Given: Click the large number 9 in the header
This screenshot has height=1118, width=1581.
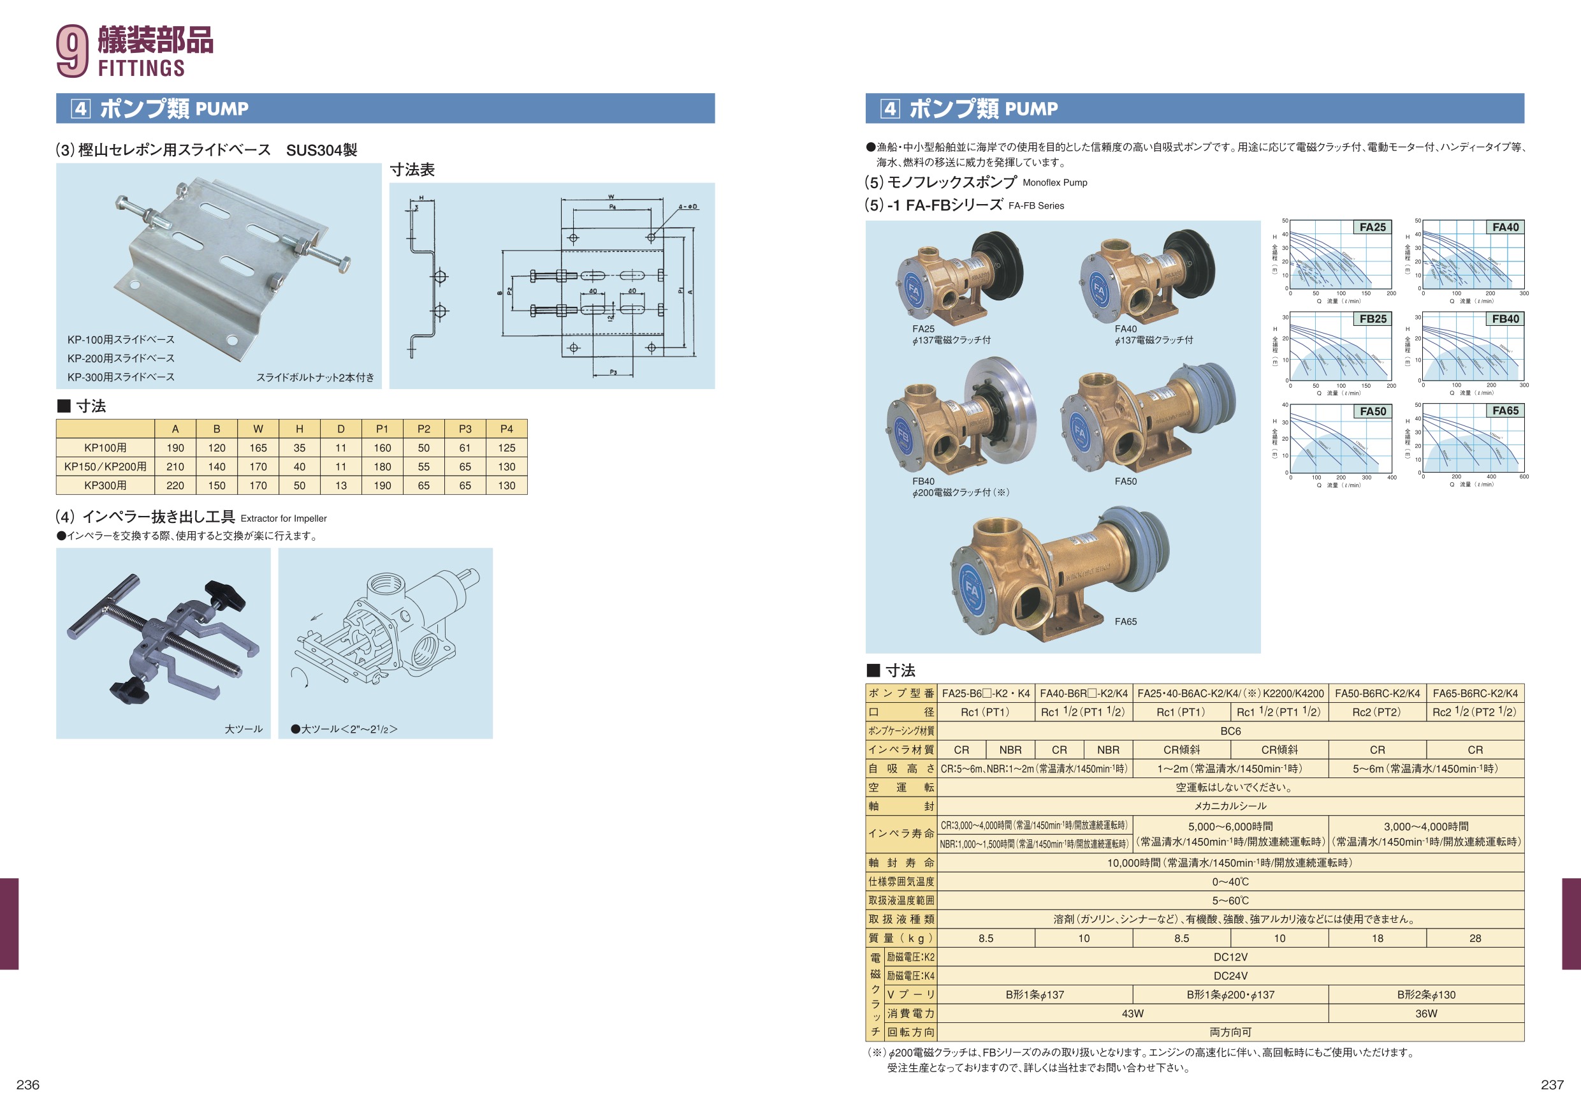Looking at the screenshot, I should coord(72,51).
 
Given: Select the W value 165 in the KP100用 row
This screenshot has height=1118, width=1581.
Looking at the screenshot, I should coord(258,448).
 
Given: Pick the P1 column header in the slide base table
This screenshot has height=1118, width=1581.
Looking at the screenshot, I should coord(382,429).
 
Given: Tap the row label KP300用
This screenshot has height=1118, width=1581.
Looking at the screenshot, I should coord(105,485).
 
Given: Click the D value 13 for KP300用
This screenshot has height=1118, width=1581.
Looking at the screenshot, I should coord(341,485).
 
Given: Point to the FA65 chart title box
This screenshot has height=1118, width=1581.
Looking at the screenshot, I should coord(1505,411).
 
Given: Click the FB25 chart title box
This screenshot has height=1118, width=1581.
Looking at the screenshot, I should coord(1373,319).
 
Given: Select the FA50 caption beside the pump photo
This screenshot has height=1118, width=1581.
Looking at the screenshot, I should coord(1126,482).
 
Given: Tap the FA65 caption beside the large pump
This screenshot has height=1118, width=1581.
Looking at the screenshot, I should coord(1126,621).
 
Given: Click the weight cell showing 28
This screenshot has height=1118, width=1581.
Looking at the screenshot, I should coord(1475,938).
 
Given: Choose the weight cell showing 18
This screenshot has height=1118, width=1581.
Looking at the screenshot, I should coord(1377,938).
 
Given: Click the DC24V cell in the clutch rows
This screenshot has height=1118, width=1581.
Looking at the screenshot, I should coord(1230,976).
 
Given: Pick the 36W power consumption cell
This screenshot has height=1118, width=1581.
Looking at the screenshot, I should coord(1426,1013).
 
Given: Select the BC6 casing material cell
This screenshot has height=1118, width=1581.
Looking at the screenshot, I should coord(1230,731).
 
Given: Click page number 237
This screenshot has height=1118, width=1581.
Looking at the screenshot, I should coord(1552,1085).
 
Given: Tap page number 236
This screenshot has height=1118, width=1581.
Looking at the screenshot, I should coord(28,1085).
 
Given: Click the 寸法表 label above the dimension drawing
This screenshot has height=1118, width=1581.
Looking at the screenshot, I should coord(412,170).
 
